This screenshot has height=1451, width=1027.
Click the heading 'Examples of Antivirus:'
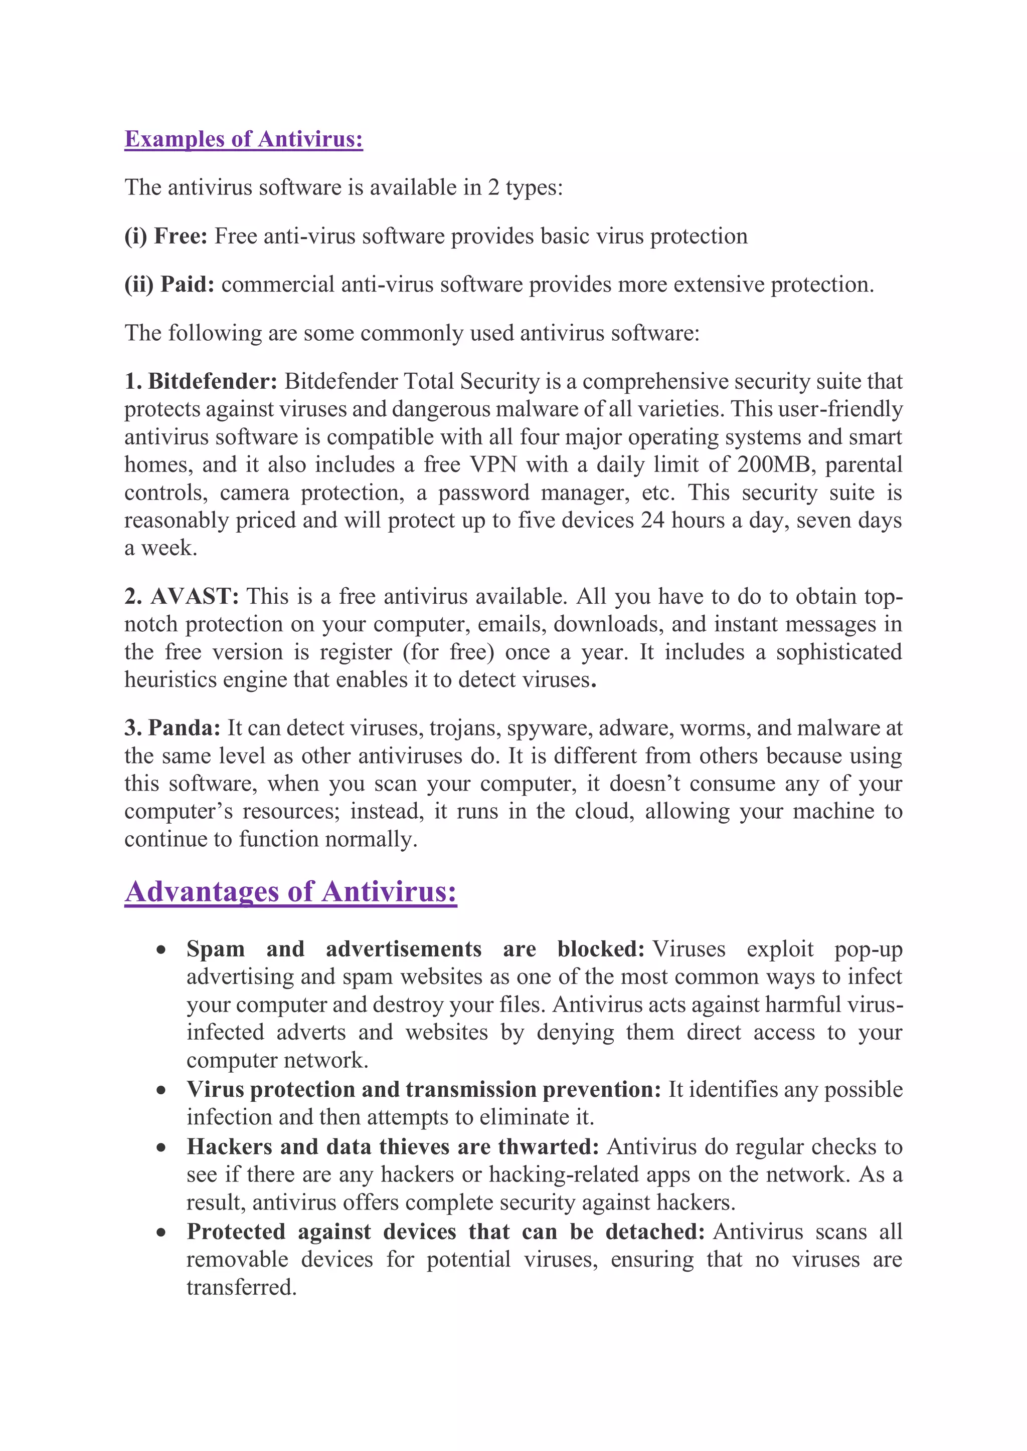[244, 139]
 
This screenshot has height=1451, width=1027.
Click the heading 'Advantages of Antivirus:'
[290, 892]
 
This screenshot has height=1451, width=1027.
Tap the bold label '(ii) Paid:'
[169, 285]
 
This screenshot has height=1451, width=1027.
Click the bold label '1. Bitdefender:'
[201, 382]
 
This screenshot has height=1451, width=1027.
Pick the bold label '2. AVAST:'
[182, 597]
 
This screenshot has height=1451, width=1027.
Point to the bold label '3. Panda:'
[172, 728]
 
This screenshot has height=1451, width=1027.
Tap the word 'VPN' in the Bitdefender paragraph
[492, 464]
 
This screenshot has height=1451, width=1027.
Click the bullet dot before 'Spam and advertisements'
[162, 950]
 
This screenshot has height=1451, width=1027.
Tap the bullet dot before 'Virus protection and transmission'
[162, 1090]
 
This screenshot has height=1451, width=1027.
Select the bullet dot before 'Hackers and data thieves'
[162, 1147]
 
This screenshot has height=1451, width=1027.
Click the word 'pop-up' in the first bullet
[868, 950]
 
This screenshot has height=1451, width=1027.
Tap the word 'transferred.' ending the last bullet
[242, 1287]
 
